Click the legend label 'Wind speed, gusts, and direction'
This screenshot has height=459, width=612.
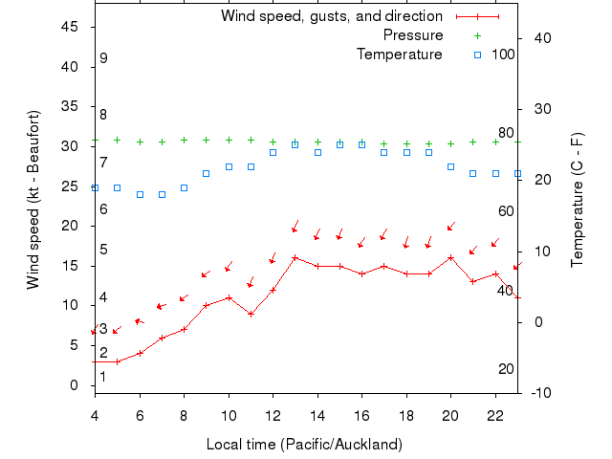click(331, 16)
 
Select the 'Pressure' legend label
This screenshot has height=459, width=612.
click(413, 35)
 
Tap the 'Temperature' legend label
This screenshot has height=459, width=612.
click(400, 54)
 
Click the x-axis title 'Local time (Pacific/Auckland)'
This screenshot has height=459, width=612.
click(304, 445)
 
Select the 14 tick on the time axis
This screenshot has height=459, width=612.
click(317, 411)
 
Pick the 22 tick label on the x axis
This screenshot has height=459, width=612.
click(495, 411)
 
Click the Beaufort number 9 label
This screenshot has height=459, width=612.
click(103, 58)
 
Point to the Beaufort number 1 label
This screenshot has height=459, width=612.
click(103, 377)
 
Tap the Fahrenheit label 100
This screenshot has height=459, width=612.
click(503, 54)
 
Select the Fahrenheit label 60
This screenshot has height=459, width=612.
click(506, 211)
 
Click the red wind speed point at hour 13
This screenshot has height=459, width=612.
click(295, 257)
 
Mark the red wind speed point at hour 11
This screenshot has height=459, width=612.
click(251, 314)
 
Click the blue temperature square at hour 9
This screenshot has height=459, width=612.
click(207, 173)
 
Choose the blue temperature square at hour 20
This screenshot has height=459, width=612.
click(451, 166)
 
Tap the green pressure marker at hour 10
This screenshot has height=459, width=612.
click(229, 140)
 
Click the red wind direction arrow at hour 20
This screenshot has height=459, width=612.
click(451, 226)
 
